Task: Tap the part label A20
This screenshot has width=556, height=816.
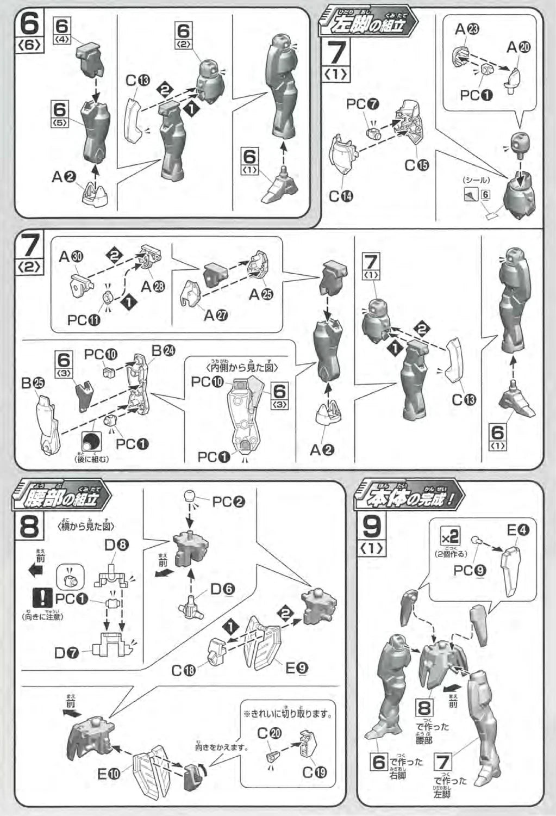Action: tap(518, 48)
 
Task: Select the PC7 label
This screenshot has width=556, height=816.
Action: tap(363, 104)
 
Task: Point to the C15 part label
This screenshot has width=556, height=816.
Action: tap(416, 165)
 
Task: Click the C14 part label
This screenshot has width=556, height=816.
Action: tap(341, 196)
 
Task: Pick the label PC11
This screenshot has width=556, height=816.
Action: tap(84, 320)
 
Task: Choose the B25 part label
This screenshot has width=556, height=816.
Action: tap(33, 384)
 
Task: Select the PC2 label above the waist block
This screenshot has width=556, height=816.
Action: tap(228, 501)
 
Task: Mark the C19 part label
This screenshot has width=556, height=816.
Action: tap(315, 772)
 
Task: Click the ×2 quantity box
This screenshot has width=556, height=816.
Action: tap(451, 536)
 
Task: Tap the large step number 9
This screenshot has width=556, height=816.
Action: tap(372, 525)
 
